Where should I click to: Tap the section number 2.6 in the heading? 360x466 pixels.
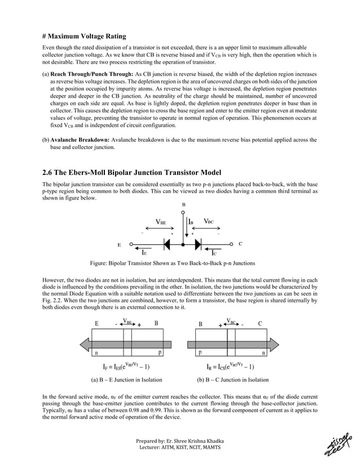coord(49,172)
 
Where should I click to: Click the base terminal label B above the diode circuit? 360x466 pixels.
coord(183,204)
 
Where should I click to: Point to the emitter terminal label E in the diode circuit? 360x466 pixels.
coord(119,246)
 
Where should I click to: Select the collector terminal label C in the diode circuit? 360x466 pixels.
coord(240,244)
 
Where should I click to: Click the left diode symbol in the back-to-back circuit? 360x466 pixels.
coord(168,245)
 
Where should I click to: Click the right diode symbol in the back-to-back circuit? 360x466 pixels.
coord(198,245)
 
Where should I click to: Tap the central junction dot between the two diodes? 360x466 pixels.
coord(183,245)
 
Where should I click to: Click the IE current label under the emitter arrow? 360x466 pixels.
coord(145,254)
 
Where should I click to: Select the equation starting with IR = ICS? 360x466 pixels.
coord(233,366)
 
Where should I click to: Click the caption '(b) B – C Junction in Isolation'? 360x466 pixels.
coord(232,380)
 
